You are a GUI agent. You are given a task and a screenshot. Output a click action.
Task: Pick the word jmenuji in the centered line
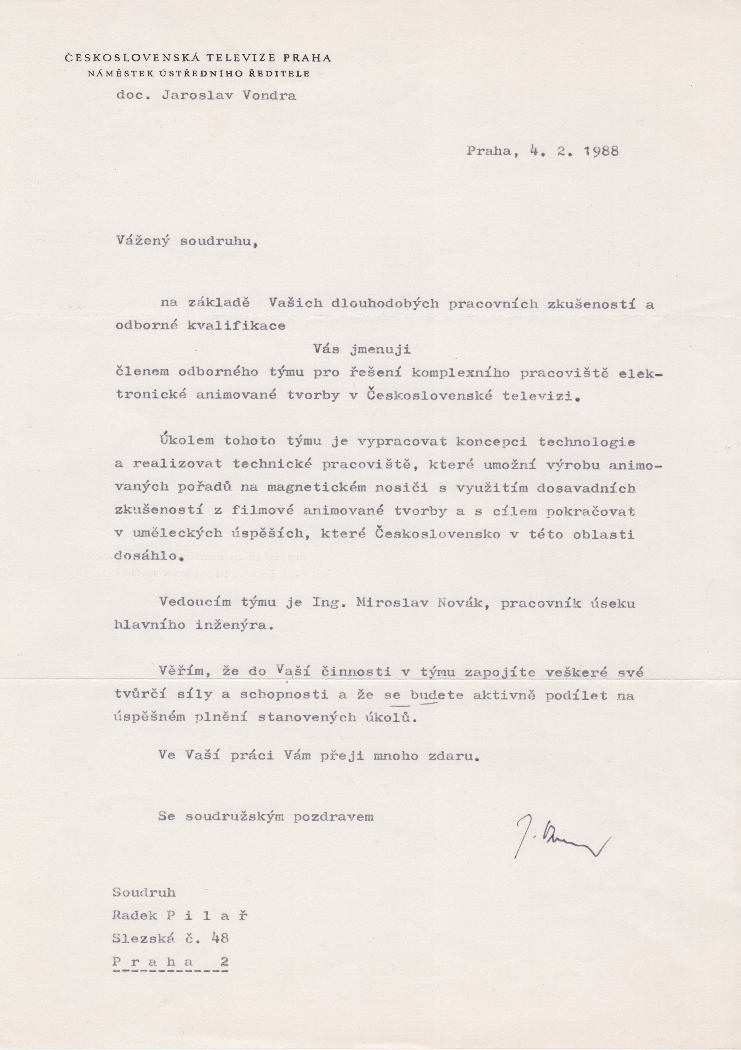380,350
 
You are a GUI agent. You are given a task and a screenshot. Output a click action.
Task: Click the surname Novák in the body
459,603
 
